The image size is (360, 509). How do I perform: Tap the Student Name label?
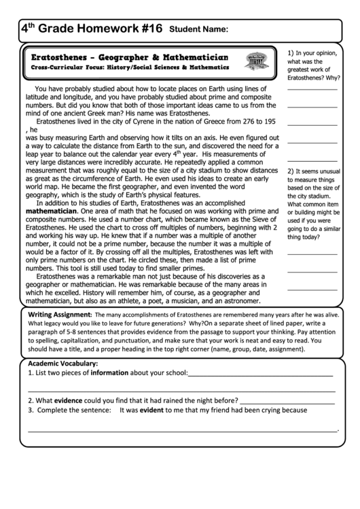(x=198, y=29)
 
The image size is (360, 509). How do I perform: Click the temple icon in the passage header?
(x=256, y=62)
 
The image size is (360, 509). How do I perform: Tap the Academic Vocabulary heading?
(x=61, y=364)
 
